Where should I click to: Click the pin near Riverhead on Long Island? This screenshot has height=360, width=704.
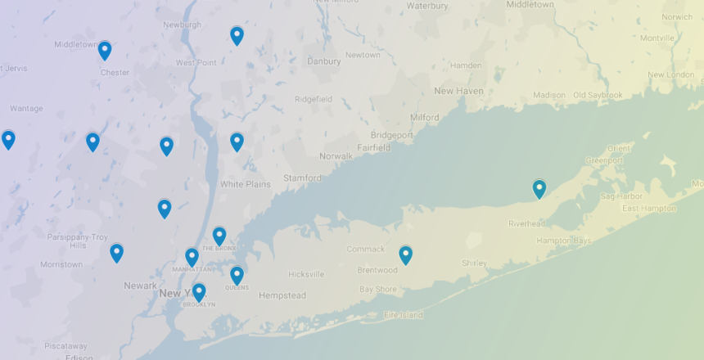pos(539,189)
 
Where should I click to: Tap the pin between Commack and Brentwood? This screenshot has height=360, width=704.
pos(405,255)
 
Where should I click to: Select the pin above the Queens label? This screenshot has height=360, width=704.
pos(237,275)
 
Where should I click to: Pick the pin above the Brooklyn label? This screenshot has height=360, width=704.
pos(198,292)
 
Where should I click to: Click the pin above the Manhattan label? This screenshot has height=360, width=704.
pos(192,257)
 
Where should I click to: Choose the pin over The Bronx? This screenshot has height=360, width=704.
pos(219,236)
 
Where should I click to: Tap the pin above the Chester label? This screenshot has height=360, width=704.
pos(105,51)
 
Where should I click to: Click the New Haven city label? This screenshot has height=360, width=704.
pos(459,91)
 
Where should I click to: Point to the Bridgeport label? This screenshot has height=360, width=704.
pos(391,135)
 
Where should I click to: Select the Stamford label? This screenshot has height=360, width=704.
pos(302,178)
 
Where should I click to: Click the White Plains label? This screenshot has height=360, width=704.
pos(245,184)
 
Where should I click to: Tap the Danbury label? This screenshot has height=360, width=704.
pos(323,61)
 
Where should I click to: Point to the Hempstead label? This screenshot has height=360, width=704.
pos(282,295)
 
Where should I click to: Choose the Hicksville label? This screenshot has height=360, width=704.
pos(306,274)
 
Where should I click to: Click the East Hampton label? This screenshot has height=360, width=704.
pos(649,209)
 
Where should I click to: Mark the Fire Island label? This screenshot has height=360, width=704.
pos(403,315)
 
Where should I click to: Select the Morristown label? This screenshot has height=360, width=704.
pos(61,264)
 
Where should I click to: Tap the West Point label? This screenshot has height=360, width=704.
pos(196,63)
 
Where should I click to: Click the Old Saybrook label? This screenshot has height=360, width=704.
pos(598,95)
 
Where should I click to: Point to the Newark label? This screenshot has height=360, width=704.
pos(140,286)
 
